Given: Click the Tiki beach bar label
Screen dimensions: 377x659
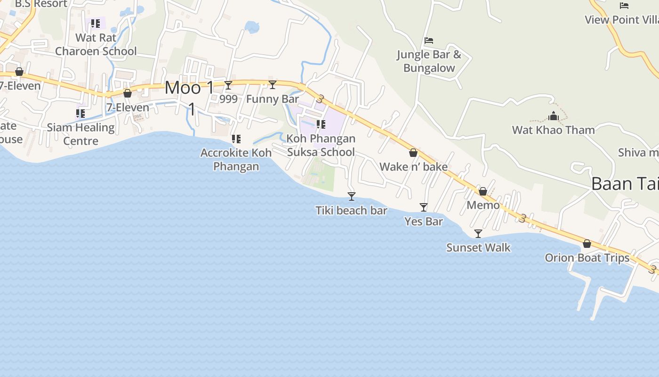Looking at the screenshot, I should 351,211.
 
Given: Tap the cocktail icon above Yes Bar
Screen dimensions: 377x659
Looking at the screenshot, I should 424,207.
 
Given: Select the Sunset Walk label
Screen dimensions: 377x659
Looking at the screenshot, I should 478,247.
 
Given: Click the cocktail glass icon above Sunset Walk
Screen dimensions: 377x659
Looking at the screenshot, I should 478,233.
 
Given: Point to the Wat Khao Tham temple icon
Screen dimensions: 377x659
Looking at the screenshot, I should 554,116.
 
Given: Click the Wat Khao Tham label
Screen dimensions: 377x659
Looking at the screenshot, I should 554,130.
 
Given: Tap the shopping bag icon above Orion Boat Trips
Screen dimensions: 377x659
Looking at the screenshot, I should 587,244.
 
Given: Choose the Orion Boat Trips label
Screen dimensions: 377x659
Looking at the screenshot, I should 587,258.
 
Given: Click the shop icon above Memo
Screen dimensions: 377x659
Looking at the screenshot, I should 483,191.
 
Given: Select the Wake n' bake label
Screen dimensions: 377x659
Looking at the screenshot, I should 413,167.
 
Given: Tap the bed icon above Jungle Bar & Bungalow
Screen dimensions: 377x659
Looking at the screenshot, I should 429,41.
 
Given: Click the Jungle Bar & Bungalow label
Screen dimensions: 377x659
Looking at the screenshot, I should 429,61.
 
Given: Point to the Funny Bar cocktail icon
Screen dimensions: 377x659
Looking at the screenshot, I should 273,85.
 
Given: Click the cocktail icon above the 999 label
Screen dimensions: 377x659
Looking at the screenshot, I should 228,85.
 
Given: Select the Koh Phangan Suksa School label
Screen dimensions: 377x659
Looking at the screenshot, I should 321,145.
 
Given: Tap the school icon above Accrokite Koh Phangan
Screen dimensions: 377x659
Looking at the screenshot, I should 236,139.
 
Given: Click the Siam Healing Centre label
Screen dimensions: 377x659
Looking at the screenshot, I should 80,134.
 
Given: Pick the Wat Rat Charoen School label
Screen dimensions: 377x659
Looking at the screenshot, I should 96,44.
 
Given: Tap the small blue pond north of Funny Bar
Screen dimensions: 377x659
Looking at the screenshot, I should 252,27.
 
